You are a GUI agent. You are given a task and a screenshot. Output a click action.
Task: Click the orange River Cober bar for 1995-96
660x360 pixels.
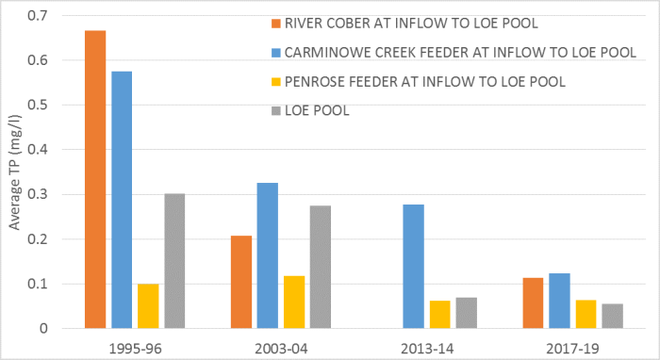95,179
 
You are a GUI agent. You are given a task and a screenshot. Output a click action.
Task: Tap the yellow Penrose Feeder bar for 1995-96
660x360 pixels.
147,305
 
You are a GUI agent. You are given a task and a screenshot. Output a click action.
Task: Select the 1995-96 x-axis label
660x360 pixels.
134,346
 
